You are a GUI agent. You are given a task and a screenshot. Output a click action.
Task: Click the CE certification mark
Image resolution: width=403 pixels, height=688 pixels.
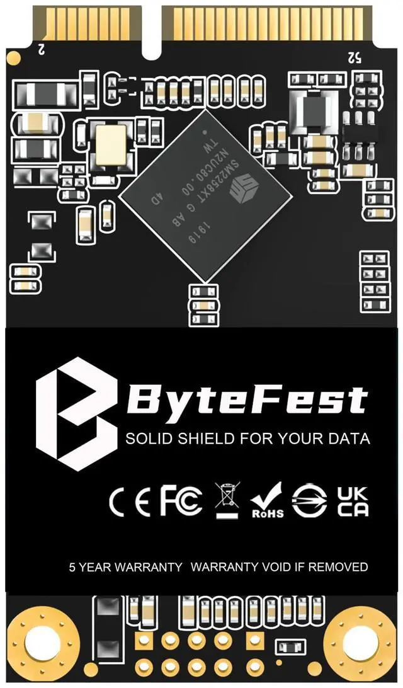tap(130, 501)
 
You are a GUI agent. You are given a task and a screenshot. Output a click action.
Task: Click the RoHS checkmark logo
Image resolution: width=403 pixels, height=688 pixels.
tap(267, 501)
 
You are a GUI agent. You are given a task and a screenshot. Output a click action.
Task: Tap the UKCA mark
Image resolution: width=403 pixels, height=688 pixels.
tap(353, 501)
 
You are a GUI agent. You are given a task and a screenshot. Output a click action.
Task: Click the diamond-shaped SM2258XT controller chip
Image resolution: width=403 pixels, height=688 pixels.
tap(205, 195)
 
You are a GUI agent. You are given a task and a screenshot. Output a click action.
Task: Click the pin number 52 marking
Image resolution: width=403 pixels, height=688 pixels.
tap(354, 57)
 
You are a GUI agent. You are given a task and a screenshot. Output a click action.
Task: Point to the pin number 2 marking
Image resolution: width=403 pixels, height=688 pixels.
tap(42, 47)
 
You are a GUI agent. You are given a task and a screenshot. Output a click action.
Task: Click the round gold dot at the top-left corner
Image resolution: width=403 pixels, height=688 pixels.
tap(13, 59)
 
